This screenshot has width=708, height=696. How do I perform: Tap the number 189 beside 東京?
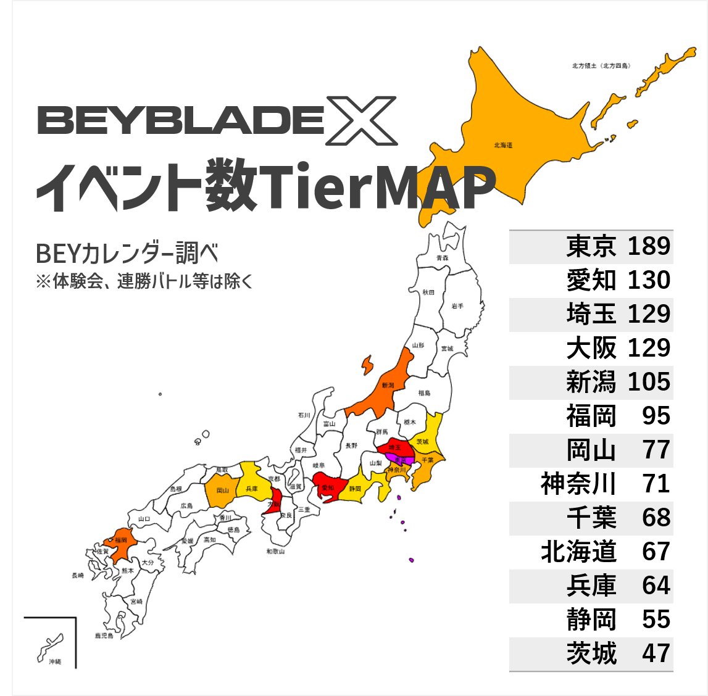click(649, 246)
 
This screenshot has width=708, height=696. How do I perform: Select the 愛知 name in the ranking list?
click(591, 280)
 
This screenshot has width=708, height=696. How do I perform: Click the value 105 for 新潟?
click(649, 382)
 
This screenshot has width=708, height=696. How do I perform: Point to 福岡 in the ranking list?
click(591, 416)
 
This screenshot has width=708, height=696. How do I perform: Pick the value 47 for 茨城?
click(656, 653)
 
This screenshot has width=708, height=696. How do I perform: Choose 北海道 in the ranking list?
click(578, 552)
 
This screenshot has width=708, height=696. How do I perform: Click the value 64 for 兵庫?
click(656, 586)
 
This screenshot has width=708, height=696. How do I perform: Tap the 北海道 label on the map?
click(503, 146)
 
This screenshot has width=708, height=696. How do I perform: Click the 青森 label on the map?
click(442, 258)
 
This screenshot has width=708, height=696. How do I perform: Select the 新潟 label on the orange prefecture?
click(388, 386)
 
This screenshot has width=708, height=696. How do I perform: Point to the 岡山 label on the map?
click(223, 491)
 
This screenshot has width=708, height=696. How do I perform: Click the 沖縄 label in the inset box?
click(54, 661)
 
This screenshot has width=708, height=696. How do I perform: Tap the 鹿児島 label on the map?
click(104, 636)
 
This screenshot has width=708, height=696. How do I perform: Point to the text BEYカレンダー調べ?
click(127, 254)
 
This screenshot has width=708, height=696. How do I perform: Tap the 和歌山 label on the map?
click(275, 551)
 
